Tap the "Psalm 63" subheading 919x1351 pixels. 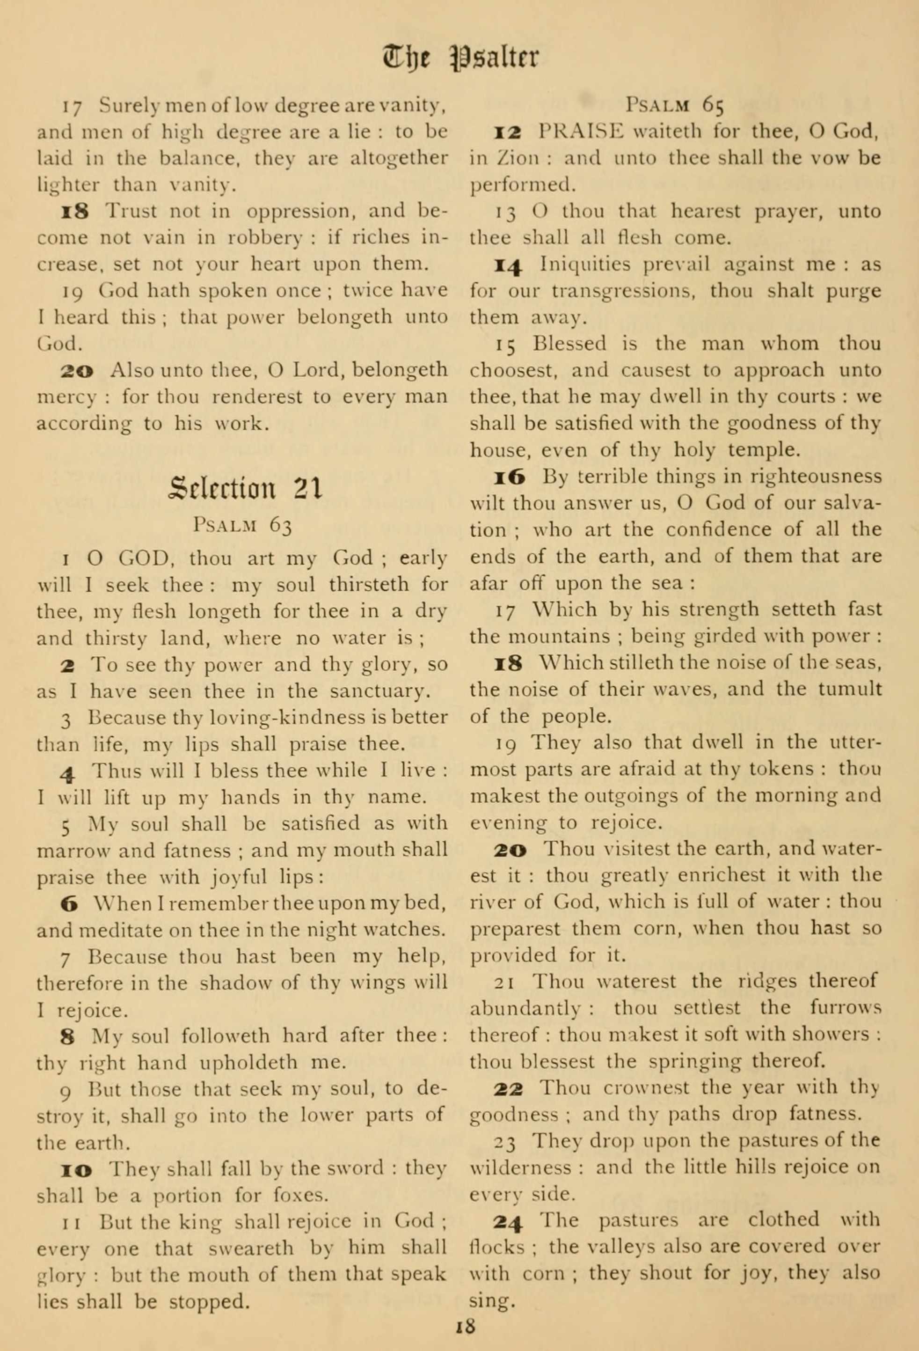(x=243, y=526)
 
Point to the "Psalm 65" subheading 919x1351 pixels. (x=674, y=105)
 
